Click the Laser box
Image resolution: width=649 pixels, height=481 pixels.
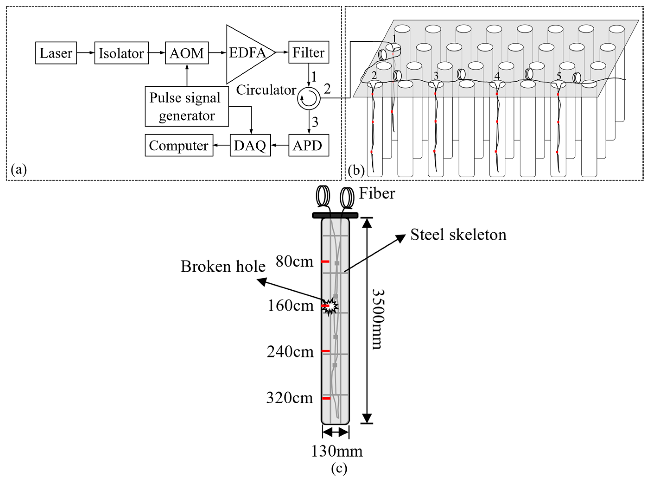[56, 53]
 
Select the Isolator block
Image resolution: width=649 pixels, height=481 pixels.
[121, 53]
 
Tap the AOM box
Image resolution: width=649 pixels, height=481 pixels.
[187, 53]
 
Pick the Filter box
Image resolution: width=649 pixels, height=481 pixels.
[309, 52]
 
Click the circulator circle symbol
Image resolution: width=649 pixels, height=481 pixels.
[309, 98]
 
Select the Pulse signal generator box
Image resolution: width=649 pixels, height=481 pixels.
[187, 106]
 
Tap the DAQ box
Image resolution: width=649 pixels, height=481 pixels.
[250, 145]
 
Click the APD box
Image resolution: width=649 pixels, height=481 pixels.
[309, 145]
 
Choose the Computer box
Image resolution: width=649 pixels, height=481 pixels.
[179, 145]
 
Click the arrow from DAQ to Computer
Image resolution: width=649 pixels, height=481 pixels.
[221, 145]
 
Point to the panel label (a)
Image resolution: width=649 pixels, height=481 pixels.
[19, 169]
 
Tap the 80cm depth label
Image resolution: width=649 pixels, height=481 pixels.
[294, 261]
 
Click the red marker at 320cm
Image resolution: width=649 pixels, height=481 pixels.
[326, 398]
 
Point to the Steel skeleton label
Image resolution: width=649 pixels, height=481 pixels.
[458, 235]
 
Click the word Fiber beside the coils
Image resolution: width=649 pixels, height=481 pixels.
[377, 193]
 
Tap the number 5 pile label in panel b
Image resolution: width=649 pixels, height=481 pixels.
[558, 76]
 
